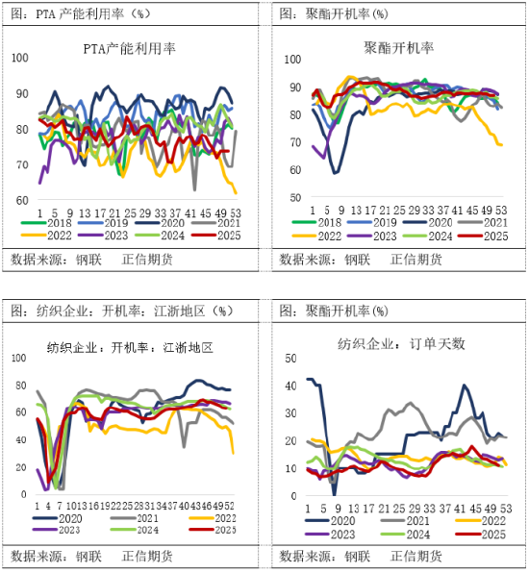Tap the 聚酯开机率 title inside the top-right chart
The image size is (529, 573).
click(398, 46)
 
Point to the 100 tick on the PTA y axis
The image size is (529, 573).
click(20, 58)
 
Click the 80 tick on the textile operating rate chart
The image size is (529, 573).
click(21, 386)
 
